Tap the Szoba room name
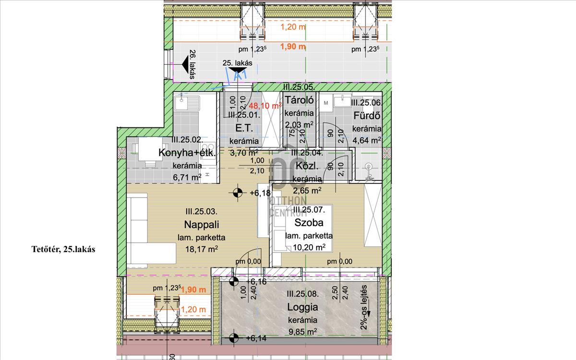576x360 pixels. point(309,223)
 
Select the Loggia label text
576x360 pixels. point(302,307)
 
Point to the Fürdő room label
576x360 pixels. point(367,116)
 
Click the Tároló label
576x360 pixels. point(299,101)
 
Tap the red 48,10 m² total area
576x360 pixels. point(267,106)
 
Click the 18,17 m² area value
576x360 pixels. point(201,249)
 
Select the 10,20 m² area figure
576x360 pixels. point(309,248)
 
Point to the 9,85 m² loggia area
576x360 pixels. point(302,332)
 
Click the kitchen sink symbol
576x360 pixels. point(188,102)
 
